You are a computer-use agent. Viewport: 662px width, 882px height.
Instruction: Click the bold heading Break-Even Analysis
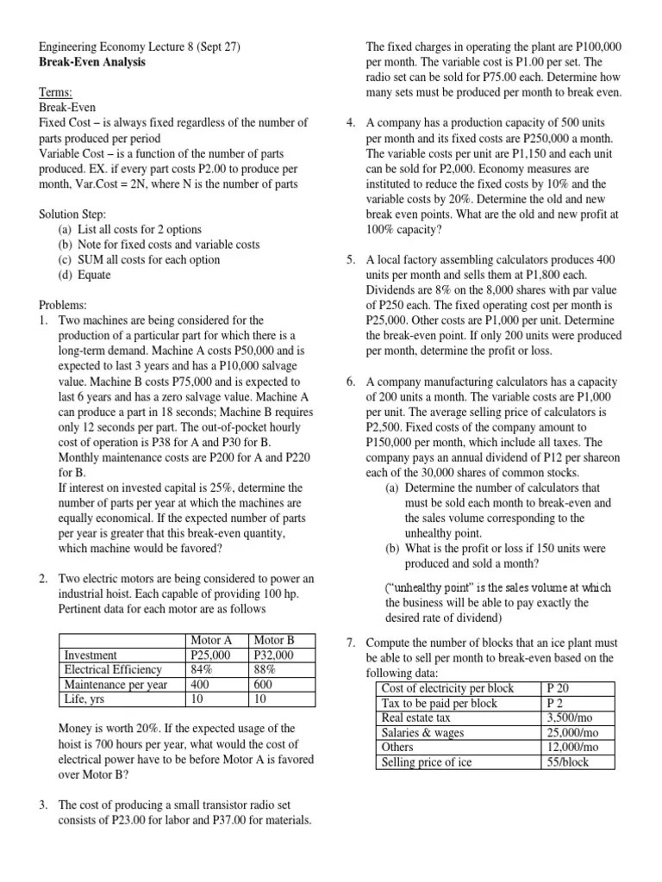pyautogui.click(x=92, y=62)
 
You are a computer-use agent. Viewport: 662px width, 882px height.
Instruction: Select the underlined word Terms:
pyautogui.click(x=56, y=93)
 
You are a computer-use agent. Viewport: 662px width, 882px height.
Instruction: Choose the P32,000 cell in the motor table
pyautogui.click(x=273, y=655)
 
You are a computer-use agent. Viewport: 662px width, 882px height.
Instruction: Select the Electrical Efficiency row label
pyautogui.click(x=113, y=669)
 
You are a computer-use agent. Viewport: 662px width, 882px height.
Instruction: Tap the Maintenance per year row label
pyautogui.click(x=116, y=684)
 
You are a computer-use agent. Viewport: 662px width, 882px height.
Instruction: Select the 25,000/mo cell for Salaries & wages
pyautogui.click(x=578, y=732)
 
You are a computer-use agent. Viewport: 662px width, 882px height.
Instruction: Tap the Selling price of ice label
pyautogui.click(x=426, y=762)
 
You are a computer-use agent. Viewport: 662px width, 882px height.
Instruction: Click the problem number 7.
pyautogui.click(x=351, y=643)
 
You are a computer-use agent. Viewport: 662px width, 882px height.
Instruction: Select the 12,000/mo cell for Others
pyautogui.click(x=578, y=747)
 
